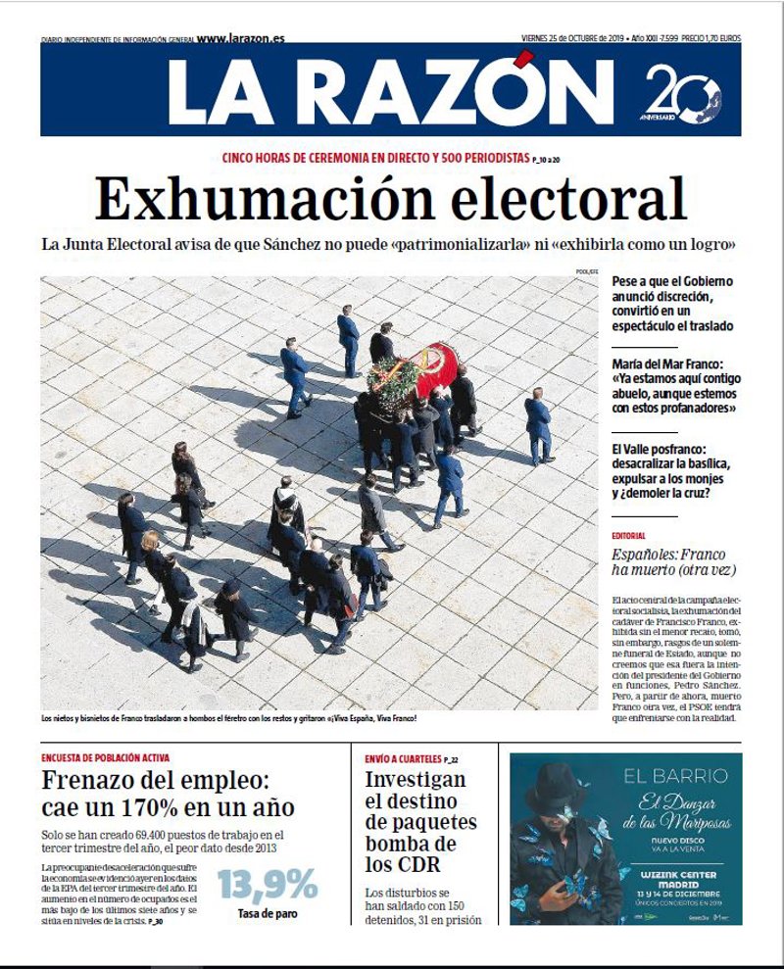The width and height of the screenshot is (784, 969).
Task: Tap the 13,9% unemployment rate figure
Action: tap(267, 885)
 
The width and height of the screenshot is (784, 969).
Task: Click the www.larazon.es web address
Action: tap(240, 38)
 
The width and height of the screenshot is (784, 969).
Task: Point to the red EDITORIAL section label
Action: tap(628, 536)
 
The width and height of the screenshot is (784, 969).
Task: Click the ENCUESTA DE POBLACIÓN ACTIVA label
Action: tap(106, 757)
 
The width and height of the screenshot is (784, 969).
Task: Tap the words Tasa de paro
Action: tap(267, 913)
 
